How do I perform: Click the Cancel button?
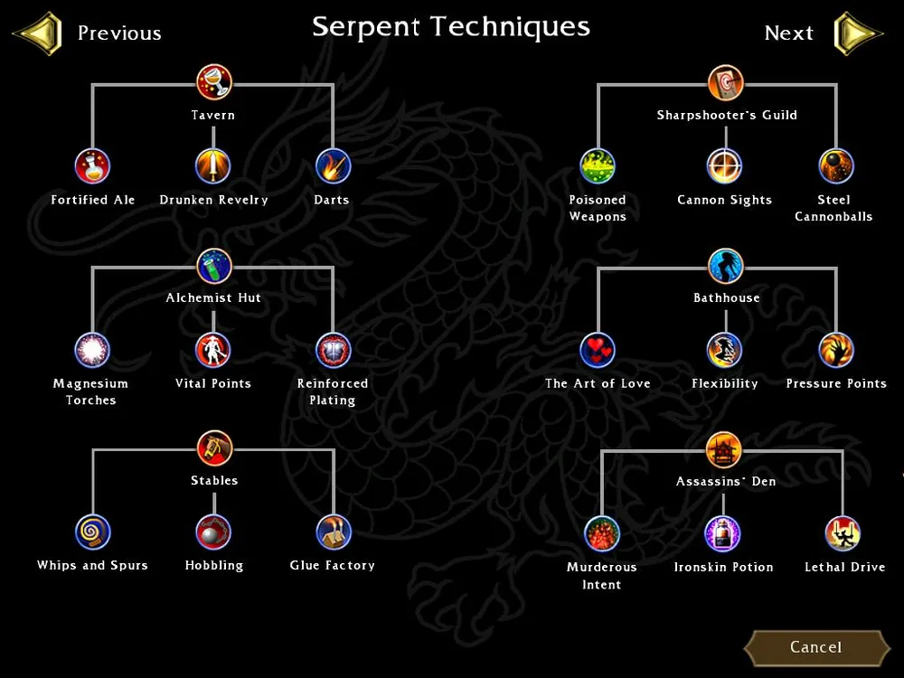coord(815,647)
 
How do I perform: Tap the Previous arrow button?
coord(38,33)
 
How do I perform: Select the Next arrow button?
coord(856,33)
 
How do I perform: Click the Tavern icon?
coord(214,82)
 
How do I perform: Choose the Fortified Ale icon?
coord(92,166)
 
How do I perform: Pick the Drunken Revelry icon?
coord(213,166)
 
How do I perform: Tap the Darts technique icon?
coord(332,166)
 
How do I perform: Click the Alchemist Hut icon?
coord(214,266)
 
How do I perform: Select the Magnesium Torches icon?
coord(92,350)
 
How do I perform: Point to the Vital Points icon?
coord(213,350)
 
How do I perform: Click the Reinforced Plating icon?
coord(333,350)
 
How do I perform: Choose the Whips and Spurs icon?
coord(92,532)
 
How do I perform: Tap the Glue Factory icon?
coord(333,532)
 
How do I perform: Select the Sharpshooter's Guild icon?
coord(726,82)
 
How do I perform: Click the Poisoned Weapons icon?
coord(598,166)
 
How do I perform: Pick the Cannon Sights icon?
coord(724,166)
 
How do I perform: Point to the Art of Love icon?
coord(598,350)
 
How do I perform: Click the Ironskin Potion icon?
coord(723,534)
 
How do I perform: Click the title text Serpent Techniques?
coord(451,27)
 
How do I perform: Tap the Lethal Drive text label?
coord(844,568)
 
